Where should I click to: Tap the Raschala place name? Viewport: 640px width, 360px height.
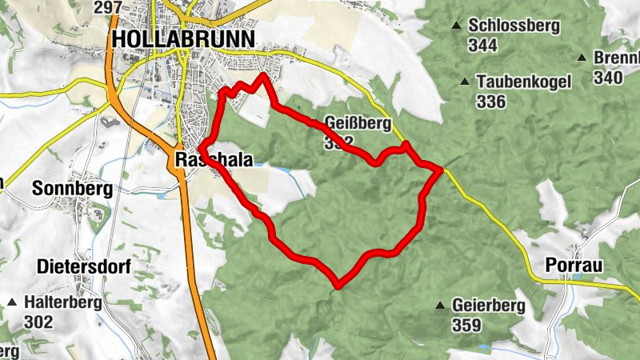[x=213, y=160]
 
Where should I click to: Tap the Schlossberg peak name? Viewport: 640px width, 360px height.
[x=514, y=26]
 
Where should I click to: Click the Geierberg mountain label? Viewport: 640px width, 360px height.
[x=488, y=306]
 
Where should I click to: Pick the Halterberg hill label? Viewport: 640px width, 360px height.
[x=61, y=302]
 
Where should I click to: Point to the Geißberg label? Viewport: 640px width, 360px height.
[x=358, y=124]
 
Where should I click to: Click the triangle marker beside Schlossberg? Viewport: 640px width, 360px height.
[x=457, y=26]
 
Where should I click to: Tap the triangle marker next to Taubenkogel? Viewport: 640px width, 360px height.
[x=465, y=82]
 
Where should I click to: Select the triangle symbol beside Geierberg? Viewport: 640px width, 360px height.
[x=439, y=306]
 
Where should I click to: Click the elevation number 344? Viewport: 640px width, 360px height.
[x=483, y=46]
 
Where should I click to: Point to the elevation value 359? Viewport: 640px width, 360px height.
[x=466, y=325]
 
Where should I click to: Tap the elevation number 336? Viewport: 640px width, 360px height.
[x=490, y=102]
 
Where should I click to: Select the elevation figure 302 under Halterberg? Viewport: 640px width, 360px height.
[x=38, y=322]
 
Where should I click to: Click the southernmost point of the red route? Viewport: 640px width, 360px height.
[x=339, y=286]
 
